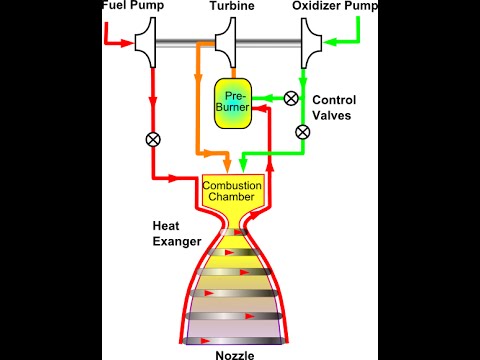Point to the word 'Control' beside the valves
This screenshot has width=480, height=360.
[x=334, y=100]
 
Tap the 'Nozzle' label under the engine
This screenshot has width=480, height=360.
[x=233, y=351]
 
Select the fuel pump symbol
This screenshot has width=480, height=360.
[x=150, y=43]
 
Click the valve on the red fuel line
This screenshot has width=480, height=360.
[x=153, y=139]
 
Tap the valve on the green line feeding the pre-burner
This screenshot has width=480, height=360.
[x=291, y=98]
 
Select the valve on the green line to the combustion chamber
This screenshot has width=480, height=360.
[x=304, y=131]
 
